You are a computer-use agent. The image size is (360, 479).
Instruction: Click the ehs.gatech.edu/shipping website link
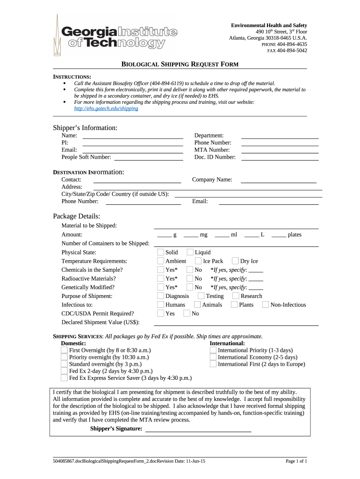[106, 108]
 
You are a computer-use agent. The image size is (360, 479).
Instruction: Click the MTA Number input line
[280, 150]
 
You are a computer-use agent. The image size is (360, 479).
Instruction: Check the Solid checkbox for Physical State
[160, 252]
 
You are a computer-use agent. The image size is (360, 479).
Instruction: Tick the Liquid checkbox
[190, 252]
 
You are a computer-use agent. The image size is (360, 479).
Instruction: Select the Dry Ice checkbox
[235, 261]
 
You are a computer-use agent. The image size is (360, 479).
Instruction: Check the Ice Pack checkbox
[198, 261]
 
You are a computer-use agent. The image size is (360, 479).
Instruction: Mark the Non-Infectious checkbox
[266, 305]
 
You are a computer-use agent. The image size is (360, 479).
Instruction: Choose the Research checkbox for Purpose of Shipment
[236, 296]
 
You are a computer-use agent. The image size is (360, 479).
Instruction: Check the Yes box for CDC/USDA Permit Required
[160, 313]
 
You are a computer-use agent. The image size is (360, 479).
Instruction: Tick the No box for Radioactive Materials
[189, 278]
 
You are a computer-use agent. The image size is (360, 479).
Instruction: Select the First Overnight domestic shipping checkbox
[64, 350]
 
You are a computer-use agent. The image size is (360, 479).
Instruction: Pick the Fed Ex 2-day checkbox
[64, 371]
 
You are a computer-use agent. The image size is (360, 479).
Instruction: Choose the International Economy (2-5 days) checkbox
[213, 357]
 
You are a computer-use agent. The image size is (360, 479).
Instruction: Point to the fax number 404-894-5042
[292, 51]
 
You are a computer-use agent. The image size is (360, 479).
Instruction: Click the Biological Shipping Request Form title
[180, 64]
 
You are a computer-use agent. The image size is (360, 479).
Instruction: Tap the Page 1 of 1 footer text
[296, 461]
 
